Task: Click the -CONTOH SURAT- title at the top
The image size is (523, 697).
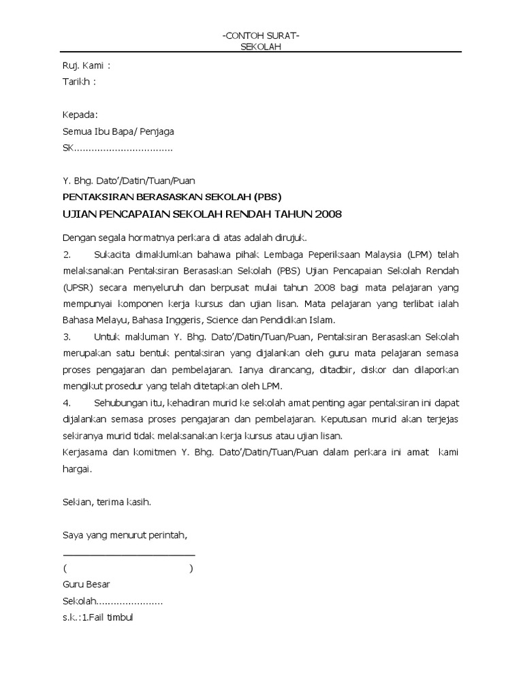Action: tap(261, 35)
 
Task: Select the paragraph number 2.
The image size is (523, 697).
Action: tap(67, 255)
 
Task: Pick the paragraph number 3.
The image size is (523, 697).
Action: tap(67, 337)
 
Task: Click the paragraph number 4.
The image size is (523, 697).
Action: tap(67, 403)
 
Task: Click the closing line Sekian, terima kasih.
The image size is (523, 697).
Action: tap(106, 502)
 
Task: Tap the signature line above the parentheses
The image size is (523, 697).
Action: tap(128, 551)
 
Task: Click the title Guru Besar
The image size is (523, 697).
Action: tap(86, 585)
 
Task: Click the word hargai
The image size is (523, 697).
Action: tap(76, 469)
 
